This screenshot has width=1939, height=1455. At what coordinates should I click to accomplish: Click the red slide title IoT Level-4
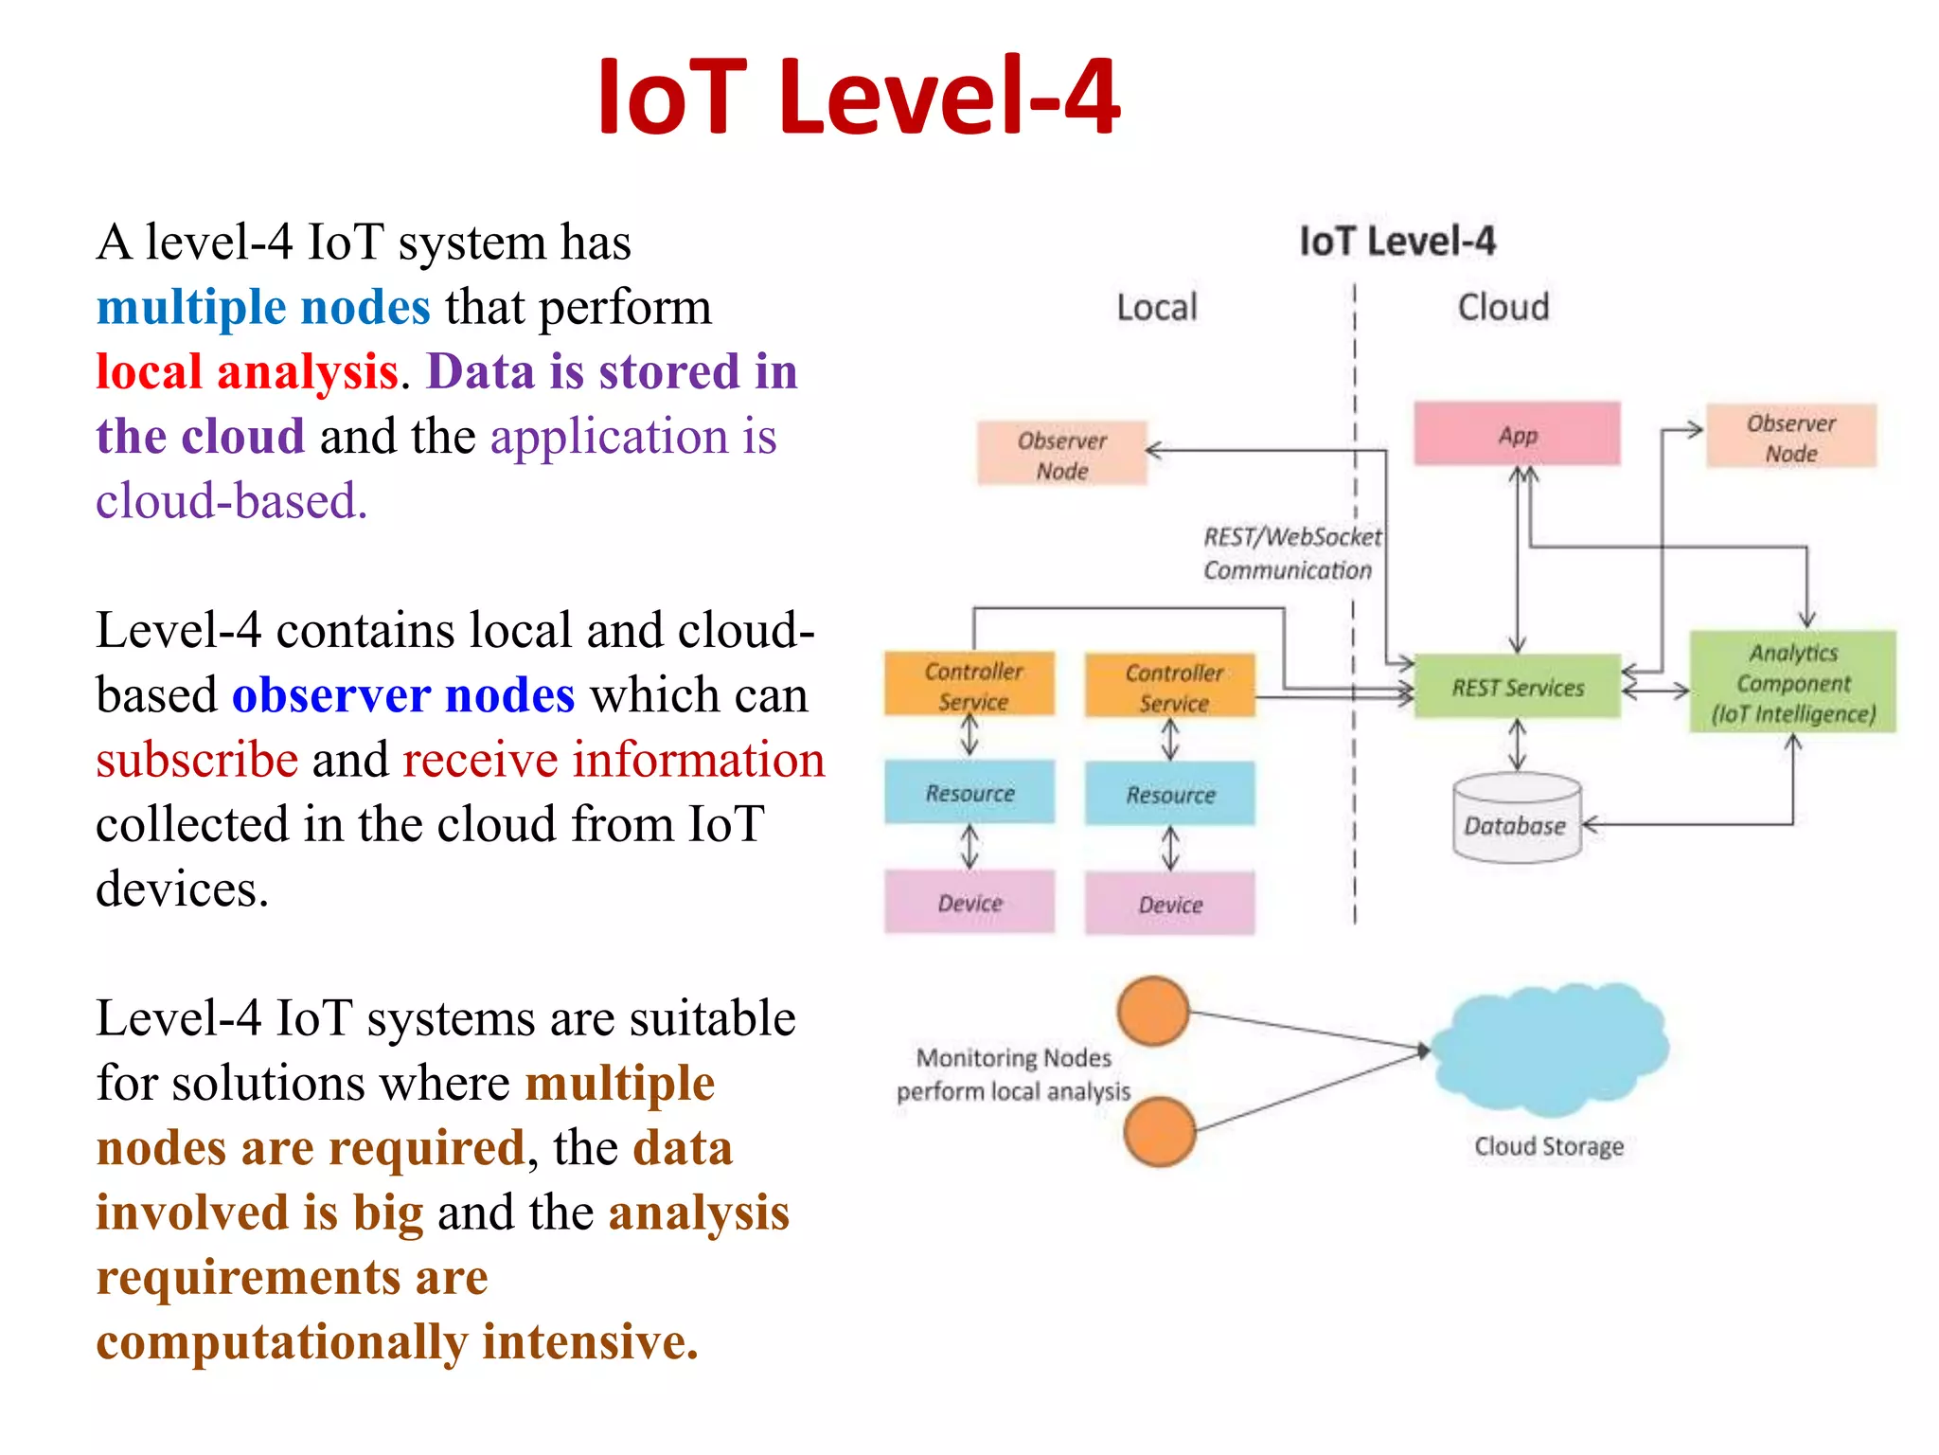pyautogui.click(x=859, y=97)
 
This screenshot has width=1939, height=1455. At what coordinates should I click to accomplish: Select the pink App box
pyautogui.click(x=1517, y=434)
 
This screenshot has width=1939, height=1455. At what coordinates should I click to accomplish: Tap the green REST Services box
pyautogui.click(x=1517, y=687)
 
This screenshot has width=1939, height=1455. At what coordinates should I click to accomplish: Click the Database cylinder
pyautogui.click(x=1516, y=820)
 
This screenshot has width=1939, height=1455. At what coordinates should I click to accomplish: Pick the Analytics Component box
pyautogui.click(x=1792, y=682)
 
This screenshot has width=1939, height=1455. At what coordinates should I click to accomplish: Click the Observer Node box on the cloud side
pyautogui.click(x=1790, y=437)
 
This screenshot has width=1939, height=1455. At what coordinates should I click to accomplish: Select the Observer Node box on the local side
pyautogui.click(x=1061, y=455)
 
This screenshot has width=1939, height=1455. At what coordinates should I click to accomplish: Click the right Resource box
pyautogui.click(x=1170, y=794)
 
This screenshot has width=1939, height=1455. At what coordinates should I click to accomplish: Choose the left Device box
pyautogui.click(x=969, y=903)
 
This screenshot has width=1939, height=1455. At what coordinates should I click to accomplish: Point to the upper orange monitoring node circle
pyautogui.click(x=1152, y=1011)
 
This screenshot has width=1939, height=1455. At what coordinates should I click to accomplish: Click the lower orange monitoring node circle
pyautogui.click(x=1160, y=1131)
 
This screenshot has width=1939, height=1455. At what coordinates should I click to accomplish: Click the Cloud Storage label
pyautogui.click(x=1548, y=1146)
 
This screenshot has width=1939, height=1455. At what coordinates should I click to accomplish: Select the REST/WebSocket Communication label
pyautogui.click(x=1290, y=553)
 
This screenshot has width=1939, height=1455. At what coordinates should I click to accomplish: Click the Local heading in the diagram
pyautogui.click(x=1156, y=308)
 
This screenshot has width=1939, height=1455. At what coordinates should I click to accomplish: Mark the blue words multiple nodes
pyautogui.click(x=263, y=307)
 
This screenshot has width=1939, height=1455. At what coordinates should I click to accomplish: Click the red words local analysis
pyautogui.click(x=246, y=371)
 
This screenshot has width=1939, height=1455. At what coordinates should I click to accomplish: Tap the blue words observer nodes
pyautogui.click(x=403, y=695)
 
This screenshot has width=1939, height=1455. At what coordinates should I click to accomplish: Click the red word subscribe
pyautogui.click(x=197, y=760)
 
